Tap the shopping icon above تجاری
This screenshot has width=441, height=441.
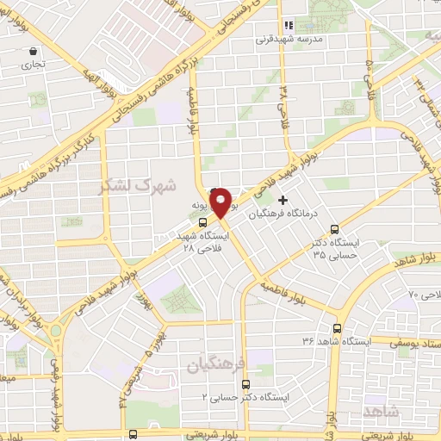(33, 50)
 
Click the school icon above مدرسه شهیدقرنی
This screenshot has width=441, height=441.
(289, 27)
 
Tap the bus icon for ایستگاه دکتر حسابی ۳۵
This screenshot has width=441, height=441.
(336, 229)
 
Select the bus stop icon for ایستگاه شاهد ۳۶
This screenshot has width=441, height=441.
(337, 329)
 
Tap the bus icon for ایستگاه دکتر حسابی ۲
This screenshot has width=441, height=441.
(245, 385)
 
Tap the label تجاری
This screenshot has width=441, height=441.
(33, 64)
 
